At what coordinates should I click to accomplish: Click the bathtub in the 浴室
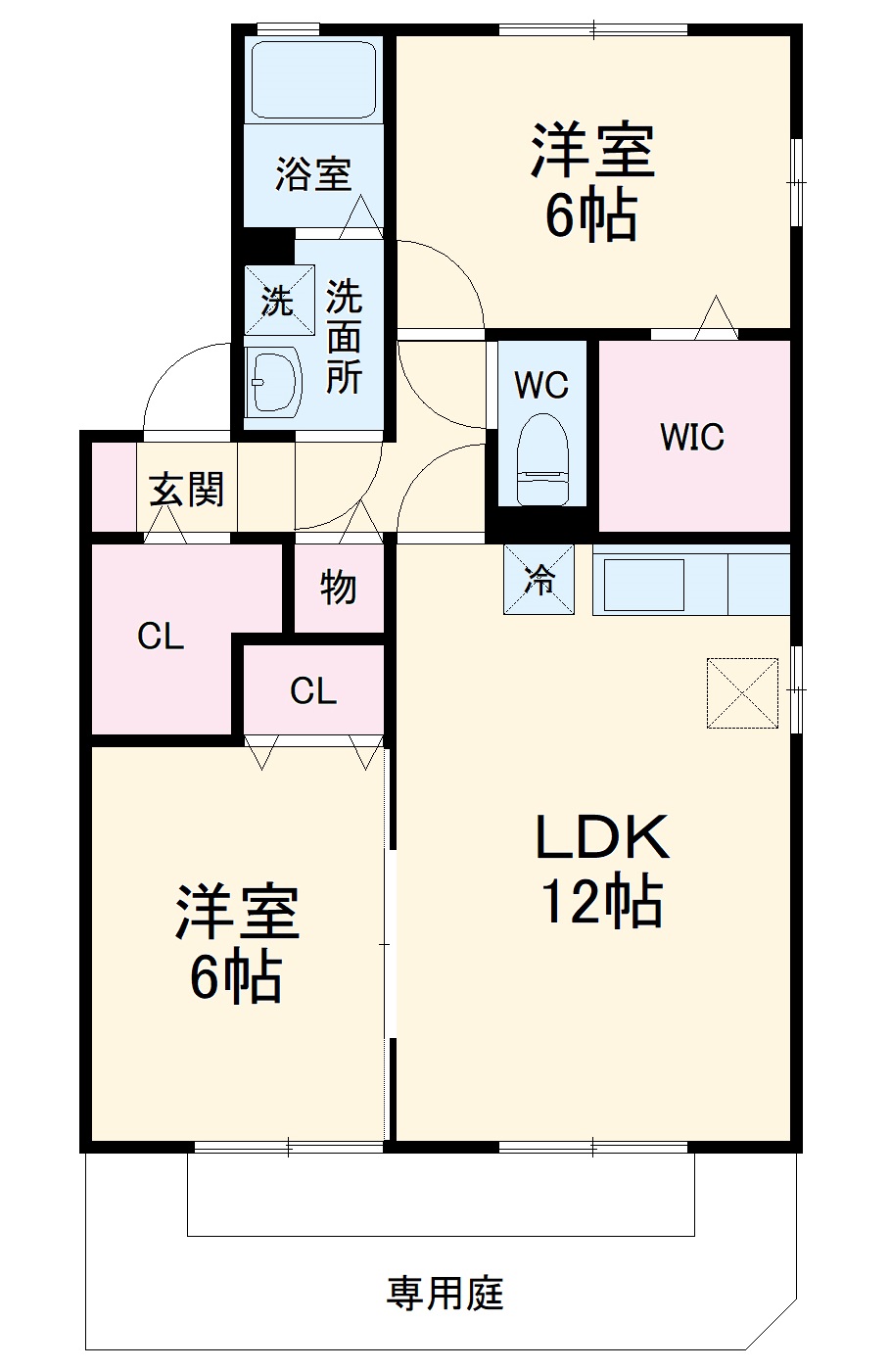[313, 80]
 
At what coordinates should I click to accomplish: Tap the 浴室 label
[312, 174]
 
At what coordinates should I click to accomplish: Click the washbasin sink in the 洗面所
[273, 381]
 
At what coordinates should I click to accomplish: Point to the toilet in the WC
[541, 456]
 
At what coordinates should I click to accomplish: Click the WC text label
[541, 385]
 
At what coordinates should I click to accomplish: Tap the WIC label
[691, 437]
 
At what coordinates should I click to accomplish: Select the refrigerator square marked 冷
[539, 580]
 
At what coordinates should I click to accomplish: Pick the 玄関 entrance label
[187, 489]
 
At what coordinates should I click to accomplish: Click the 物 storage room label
[338, 588]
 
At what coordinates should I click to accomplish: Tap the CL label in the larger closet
[161, 638]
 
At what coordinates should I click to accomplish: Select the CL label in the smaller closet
[313, 691]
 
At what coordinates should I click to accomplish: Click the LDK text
[601, 837]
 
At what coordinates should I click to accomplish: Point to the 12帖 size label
[601, 902]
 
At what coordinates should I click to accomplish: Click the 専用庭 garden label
[445, 1293]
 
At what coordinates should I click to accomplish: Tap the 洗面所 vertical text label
[344, 336]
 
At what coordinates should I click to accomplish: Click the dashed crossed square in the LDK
[742, 692]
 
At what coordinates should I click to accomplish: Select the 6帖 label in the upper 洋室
[591, 215]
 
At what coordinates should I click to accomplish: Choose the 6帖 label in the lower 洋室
[236, 976]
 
